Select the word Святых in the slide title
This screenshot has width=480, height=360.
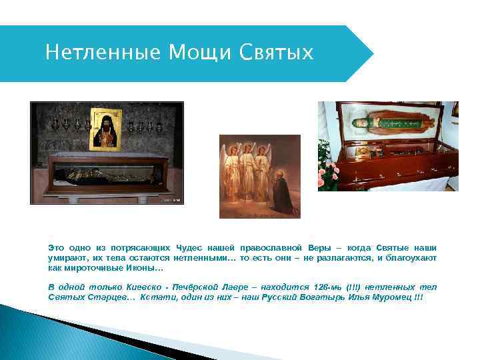click(275, 53)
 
